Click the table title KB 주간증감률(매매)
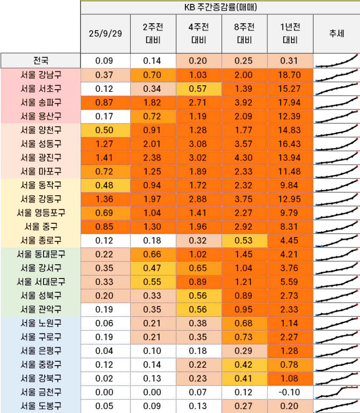220,7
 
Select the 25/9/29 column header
105,34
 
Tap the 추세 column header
336,34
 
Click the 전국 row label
40,61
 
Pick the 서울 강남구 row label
40,75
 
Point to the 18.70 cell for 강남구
290,75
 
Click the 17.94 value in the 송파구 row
290,103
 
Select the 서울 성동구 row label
40,144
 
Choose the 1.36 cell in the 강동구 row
104,199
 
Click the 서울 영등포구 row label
40,213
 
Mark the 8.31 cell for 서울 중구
290,227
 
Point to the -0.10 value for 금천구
290,393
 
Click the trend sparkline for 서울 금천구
336,393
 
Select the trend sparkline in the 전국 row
336,61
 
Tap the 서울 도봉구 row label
40,406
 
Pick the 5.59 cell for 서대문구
290,282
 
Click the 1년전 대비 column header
290,34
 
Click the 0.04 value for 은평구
104,351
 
